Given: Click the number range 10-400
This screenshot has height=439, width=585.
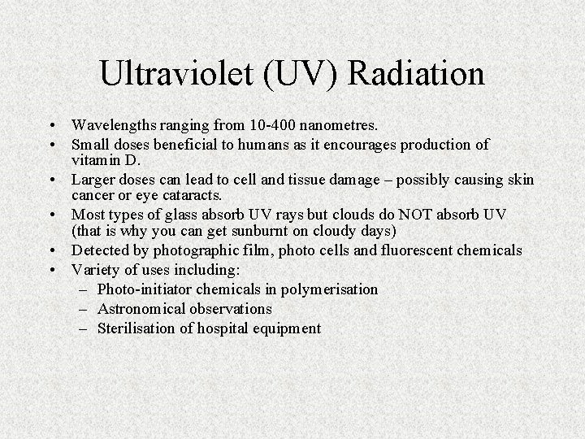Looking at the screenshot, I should (x=267, y=125).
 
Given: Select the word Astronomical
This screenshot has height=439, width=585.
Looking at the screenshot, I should (x=141, y=309).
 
